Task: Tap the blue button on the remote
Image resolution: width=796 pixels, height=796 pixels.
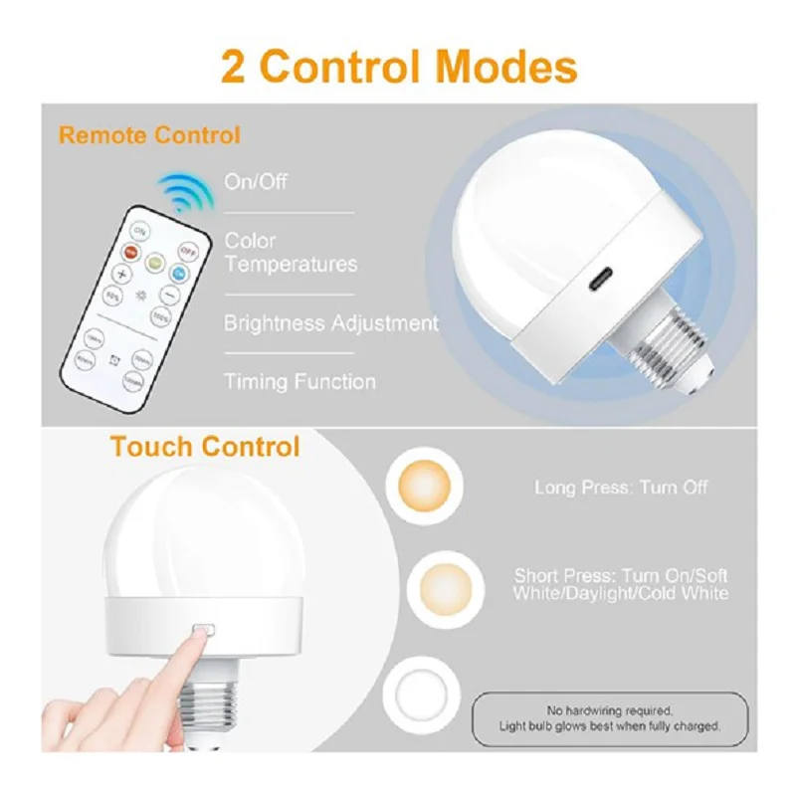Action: tap(179, 272)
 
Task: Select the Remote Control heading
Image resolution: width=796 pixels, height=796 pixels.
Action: tap(149, 135)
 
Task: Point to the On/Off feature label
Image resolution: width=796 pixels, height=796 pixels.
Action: tap(256, 182)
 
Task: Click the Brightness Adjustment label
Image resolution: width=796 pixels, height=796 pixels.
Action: tap(330, 323)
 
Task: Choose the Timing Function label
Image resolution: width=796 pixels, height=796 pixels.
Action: tap(299, 381)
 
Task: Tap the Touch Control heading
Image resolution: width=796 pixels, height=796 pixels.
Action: tap(205, 447)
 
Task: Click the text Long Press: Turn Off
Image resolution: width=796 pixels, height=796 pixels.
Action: tap(621, 488)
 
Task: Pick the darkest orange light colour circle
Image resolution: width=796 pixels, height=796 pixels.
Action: tap(426, 485)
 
